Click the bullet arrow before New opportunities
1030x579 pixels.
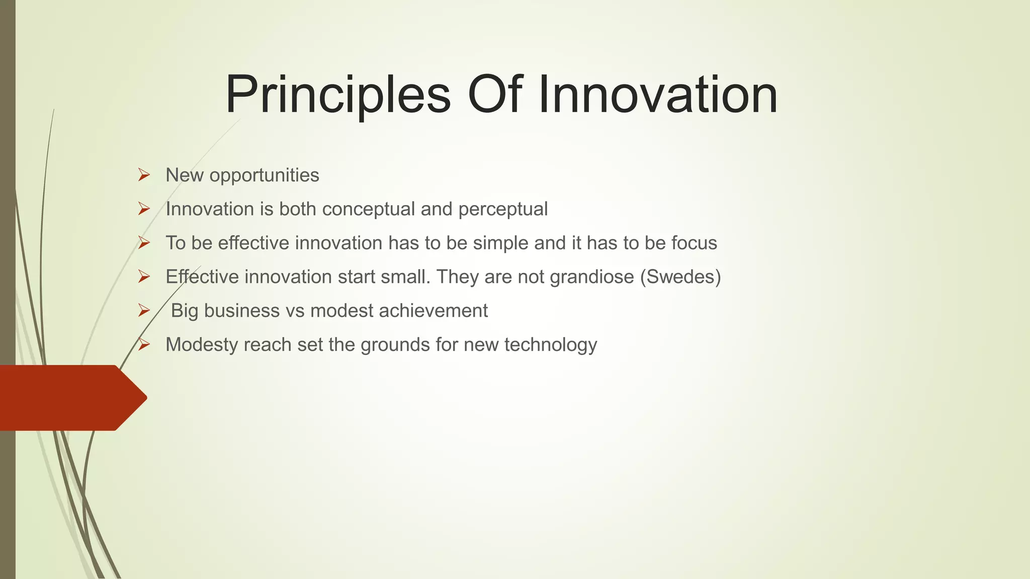(x=144, y=175)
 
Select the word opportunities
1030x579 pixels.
(x=264, y=175)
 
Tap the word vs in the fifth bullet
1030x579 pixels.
(x=295, y=311)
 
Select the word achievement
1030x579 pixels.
(x=433, y=311)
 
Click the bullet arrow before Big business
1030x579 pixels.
(x=144, y=311)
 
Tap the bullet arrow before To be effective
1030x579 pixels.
(x=144, y=243)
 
